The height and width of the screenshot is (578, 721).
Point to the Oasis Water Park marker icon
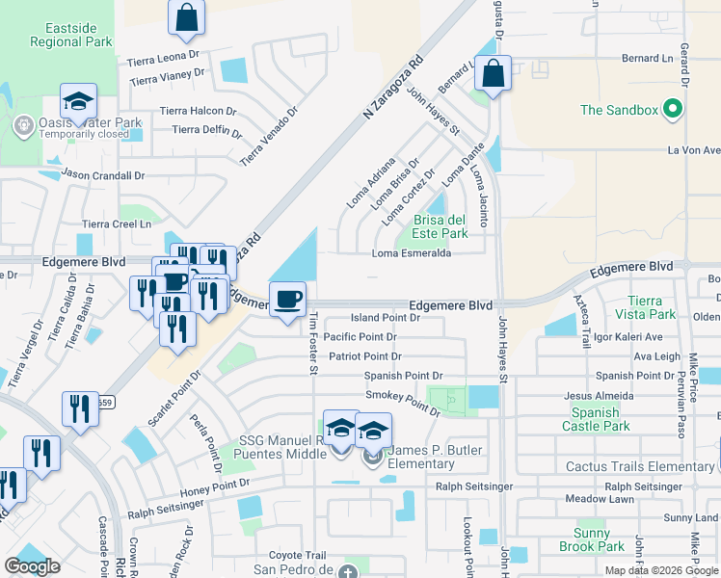click(x=22, y=124)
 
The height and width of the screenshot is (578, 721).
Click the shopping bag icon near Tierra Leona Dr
click(x=186, y=15)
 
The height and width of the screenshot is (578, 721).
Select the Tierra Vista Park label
click(x=652, y=308)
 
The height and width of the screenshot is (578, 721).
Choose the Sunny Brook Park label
click(x=585, y=539)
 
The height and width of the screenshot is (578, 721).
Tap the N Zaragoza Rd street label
click(x=394, y=89)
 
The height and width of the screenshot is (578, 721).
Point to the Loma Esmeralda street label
click(x=412, y=254)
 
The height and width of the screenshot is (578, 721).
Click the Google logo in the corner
click(x=33, y=566)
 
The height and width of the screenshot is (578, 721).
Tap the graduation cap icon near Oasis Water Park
click(x=78, y=101)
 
